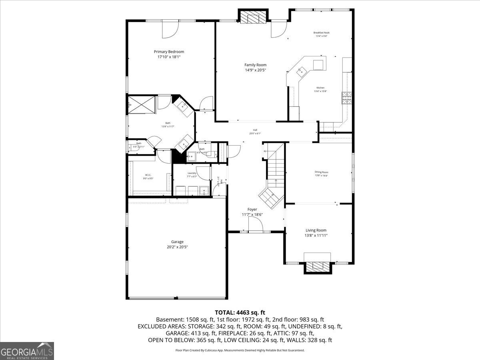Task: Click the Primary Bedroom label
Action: [169, 52]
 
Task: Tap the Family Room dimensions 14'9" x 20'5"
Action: [255, 70]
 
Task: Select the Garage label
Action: [177, 242]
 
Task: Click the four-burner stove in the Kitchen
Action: [346, 98]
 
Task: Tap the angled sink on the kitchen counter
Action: [300, 71]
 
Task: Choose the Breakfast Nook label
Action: [321, 32]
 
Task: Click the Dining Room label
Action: [321, 172]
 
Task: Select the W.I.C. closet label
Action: [148, 175]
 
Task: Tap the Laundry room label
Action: [192, 173]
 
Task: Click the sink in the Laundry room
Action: [204, 191]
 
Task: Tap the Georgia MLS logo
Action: [27, 351]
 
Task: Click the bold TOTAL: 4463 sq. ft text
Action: [240, 312]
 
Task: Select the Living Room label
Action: [316, 230]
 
